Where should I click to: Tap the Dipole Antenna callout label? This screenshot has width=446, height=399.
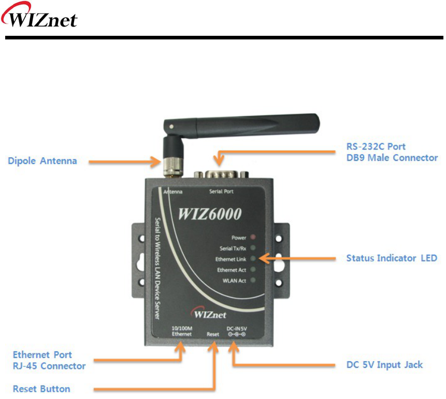(42, 161)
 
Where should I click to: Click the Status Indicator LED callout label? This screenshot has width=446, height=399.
(392, 258)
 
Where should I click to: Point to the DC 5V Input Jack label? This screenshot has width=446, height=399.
(384, 365)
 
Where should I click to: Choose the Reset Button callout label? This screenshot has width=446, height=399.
(41, 389)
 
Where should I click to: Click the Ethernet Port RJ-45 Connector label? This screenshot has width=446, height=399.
(49, 360)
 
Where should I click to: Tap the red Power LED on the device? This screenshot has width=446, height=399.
(253, 238)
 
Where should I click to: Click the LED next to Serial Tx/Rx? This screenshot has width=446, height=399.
(253, 248)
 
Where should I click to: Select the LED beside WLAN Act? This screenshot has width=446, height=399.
(253, 281)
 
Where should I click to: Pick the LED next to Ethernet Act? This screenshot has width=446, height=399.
(253, 270)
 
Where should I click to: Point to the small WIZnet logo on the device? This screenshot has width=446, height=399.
(209, 314)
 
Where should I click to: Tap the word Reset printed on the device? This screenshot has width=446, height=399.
(212, 334)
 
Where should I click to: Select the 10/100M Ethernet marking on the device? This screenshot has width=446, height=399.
(182, 331)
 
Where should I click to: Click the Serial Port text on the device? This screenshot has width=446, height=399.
(221, 191)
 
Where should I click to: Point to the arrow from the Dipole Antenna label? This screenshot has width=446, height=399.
(124, 161)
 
